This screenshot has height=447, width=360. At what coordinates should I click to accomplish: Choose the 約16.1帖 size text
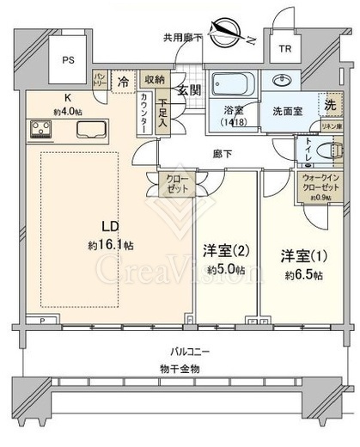pos(110,245)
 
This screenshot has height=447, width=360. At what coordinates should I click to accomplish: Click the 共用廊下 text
pos(182,38)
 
